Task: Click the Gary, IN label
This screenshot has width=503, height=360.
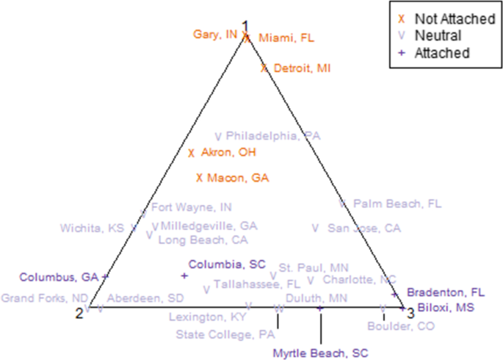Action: coord(214,35)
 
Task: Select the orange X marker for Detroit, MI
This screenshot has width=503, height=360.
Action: coord(264,68)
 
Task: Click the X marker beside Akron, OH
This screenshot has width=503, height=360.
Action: coord(191,153)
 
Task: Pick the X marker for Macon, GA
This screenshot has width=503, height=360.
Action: coord(199,177)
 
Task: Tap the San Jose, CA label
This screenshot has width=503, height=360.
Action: coord(363,228)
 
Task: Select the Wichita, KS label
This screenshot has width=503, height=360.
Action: coord(92,228)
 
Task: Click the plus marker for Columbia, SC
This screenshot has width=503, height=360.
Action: coord(184,276)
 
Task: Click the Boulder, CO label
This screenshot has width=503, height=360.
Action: coord(401,326)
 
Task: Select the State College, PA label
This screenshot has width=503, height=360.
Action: coord(215,334)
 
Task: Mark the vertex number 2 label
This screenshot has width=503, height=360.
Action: coord(79,314)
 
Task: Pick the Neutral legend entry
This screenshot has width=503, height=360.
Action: coord(438,35)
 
